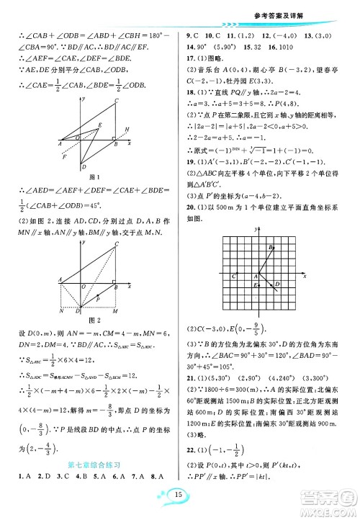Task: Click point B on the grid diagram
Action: (270, 247)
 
